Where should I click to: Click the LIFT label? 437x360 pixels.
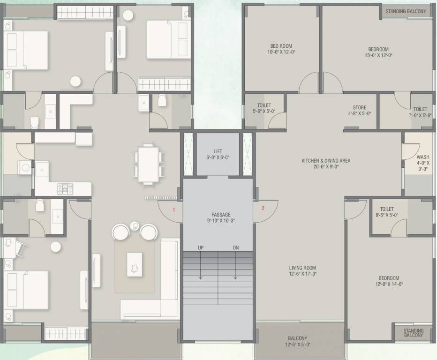coord(218,151)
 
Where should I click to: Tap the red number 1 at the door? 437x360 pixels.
coord(174,210)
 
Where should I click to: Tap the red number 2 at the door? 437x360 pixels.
coord(263,209)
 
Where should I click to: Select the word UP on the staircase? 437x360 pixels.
coord(201,247)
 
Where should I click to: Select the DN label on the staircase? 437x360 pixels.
coord(236,247)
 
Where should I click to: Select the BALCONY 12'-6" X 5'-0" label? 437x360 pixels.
coord(298,341)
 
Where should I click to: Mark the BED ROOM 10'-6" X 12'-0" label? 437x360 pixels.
coord(281,49)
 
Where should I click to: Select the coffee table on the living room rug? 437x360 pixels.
coord(135,264)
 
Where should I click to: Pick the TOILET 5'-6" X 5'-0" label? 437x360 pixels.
coord(264,109)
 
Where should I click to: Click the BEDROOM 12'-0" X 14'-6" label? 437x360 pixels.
coord(389,281)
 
